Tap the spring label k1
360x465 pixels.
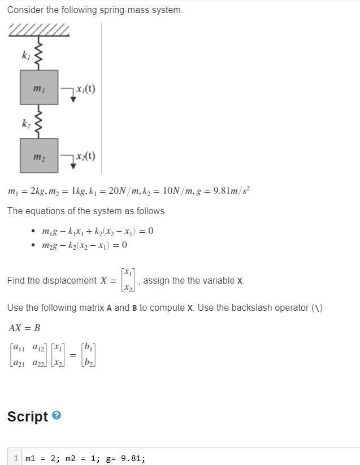pos(24,55)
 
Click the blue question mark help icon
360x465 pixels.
pos(57,416)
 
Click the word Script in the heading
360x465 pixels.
pos(28,416)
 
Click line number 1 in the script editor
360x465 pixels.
pos(17,458)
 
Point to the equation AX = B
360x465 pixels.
pos(25,328)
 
